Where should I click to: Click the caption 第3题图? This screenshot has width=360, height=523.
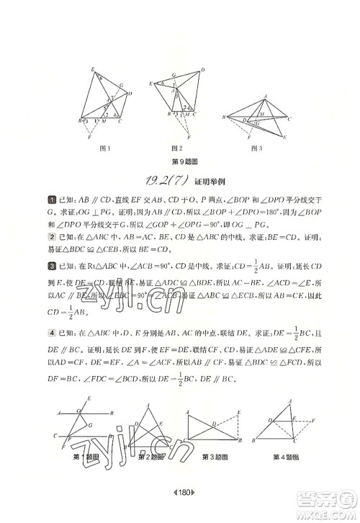click(215, 457)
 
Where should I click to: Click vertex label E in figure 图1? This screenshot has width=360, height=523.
click(93, 68)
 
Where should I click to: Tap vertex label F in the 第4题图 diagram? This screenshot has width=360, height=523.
click(316, 419)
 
